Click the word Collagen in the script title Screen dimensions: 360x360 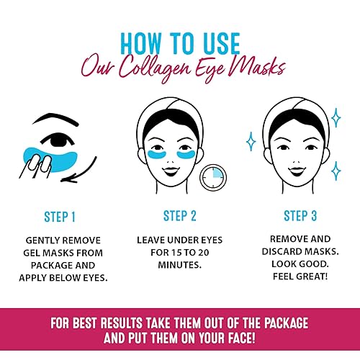pyautogui.click(x=171, y=68)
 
